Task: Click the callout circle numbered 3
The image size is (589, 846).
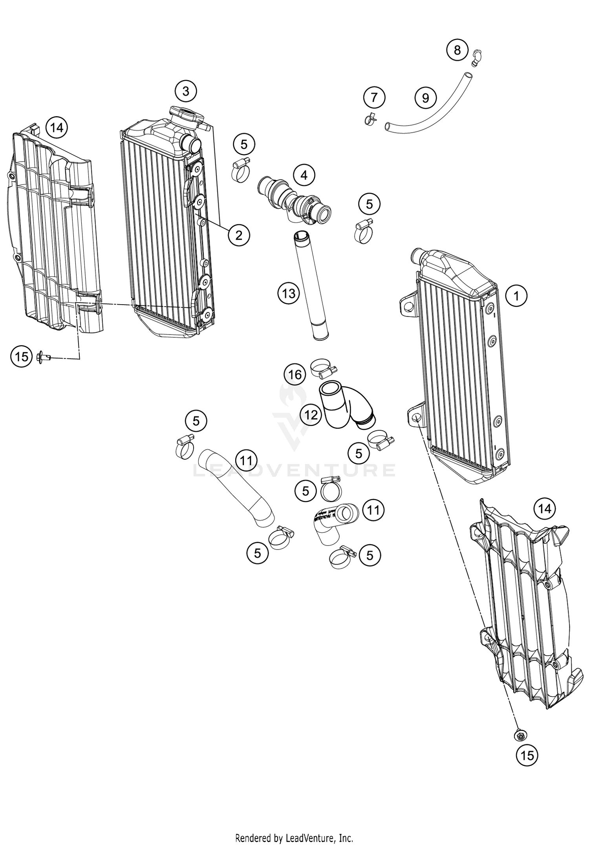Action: point(186,91)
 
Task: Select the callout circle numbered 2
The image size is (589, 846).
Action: point(238,235)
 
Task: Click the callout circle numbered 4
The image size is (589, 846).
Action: point(304,175)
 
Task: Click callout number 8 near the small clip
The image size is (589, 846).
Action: point(457,50)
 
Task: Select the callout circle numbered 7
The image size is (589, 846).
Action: point(374,97)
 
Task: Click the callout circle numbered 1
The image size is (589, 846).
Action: point(516,296)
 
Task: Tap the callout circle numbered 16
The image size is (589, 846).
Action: point(295,375)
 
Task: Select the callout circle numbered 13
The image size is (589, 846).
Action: point(289,293)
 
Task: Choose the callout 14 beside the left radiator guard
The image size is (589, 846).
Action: point(57,128)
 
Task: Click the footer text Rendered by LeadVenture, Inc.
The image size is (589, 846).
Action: point(294,838)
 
